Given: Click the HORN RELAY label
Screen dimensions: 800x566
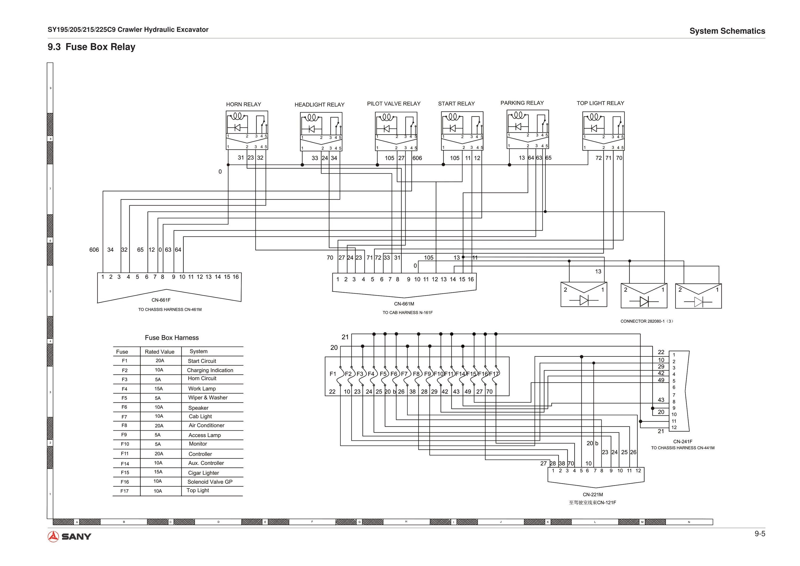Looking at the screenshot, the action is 243,104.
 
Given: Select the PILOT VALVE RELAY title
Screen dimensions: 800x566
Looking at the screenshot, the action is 393,104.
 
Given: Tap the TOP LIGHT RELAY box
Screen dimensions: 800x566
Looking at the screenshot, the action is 603,131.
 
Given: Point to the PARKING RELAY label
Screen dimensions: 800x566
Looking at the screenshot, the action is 522,103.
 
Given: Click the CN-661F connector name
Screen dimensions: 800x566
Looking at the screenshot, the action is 161,300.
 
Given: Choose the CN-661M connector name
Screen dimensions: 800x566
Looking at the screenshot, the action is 404,304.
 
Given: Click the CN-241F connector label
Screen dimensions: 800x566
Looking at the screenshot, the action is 683,442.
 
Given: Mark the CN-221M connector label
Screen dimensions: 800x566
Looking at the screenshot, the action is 593,494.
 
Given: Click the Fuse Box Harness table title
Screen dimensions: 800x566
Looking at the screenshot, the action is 172,337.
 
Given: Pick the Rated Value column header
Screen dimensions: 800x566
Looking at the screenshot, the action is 159,352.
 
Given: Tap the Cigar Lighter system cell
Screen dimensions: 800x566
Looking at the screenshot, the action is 203,473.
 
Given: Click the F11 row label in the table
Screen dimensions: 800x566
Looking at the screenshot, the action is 125,454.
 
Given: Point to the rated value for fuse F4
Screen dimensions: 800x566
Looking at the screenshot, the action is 159,389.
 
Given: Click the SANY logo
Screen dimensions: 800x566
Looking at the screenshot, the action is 69,536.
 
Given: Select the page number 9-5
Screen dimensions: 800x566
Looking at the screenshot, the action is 760,534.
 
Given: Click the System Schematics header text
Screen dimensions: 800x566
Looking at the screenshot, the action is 727,31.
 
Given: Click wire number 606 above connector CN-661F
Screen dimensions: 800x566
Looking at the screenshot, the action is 94,250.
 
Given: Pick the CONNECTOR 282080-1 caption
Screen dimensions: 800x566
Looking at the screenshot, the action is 647,321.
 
